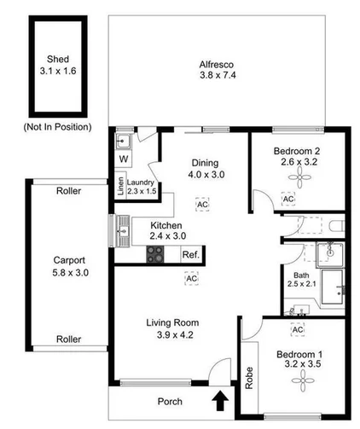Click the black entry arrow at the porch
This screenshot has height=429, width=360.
(x=222, y=399)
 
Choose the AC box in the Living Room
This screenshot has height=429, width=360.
(x=192, y=279)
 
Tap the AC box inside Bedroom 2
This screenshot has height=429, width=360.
(x=288, y=199)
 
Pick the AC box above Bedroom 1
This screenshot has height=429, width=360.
(x=298, y=329)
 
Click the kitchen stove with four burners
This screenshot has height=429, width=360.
(x=156, y=253)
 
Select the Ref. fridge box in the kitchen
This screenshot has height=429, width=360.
(x=190, y=254)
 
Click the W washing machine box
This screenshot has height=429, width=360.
(x=124, y=159)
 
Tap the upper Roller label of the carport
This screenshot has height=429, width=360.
(x=69, y=192)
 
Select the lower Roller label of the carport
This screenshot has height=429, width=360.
(x=68, y=339)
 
